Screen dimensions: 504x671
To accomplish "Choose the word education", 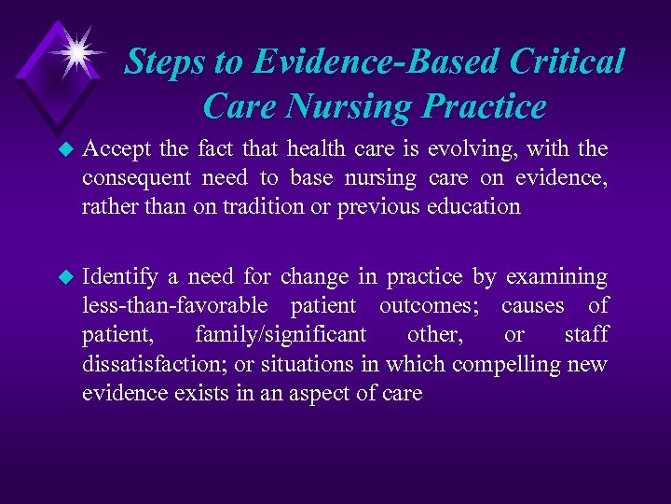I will point(473,206).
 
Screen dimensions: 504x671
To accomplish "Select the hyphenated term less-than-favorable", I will point(175,306).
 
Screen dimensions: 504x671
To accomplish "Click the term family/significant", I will point(281,335).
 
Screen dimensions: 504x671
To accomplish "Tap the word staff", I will point(586,335).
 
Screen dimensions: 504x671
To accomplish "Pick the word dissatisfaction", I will point(149,364).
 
